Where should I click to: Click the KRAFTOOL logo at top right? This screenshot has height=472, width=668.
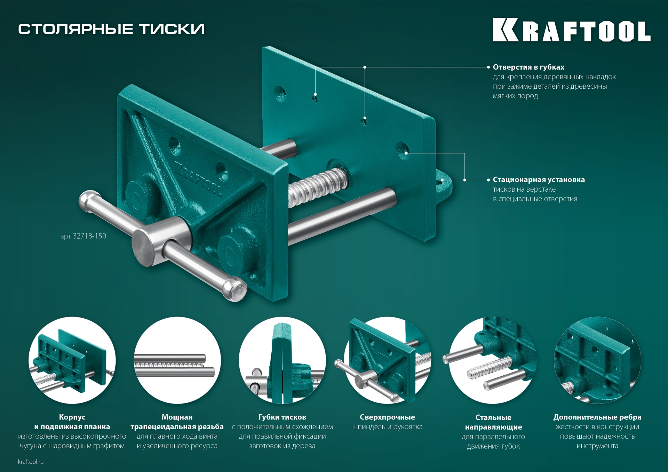[x=571, y=30]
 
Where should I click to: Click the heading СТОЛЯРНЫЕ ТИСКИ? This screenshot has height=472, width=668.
[x=111, y=29]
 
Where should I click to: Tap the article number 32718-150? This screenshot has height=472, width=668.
[x=83, y=236]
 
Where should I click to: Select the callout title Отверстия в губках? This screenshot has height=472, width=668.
[x=528, y=67]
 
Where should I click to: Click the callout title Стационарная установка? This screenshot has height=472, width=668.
[x=539, y=180]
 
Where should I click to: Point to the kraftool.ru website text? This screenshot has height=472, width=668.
[x=31, y=462]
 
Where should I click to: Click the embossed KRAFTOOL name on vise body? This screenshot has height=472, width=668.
[x=198, y=179]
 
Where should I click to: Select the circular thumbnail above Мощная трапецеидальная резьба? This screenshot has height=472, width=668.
[x=177, y=360]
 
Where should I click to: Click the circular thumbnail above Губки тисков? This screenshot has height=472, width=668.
[x=282, y=360]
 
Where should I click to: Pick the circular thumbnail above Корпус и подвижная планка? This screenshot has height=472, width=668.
[x=72, y=360]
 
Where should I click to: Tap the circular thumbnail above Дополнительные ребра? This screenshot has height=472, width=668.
[x=597, y=360]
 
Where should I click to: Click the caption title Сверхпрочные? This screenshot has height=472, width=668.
[x=387, y=417]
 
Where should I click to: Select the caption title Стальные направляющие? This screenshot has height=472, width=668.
[x=493, y=422]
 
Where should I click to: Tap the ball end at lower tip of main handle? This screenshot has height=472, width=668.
[x=236, y=289]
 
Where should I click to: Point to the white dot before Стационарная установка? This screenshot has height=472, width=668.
[x=488, y=180]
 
